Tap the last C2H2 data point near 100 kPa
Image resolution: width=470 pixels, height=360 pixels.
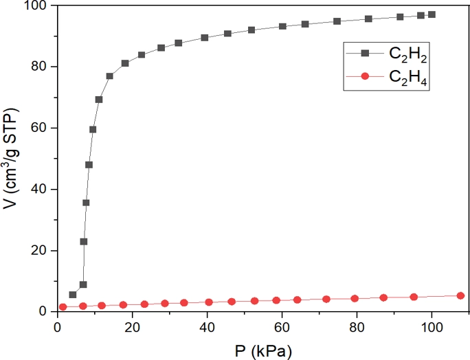(432, 14)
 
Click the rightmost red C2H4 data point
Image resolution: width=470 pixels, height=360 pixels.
(460, 295)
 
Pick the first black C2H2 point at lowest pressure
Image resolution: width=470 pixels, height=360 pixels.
(73, 295)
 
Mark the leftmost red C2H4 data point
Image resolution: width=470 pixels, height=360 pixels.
(63, 307)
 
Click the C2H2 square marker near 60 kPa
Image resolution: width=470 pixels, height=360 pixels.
(282, 26)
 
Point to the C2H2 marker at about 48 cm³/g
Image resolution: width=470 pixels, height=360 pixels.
(89, 165)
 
